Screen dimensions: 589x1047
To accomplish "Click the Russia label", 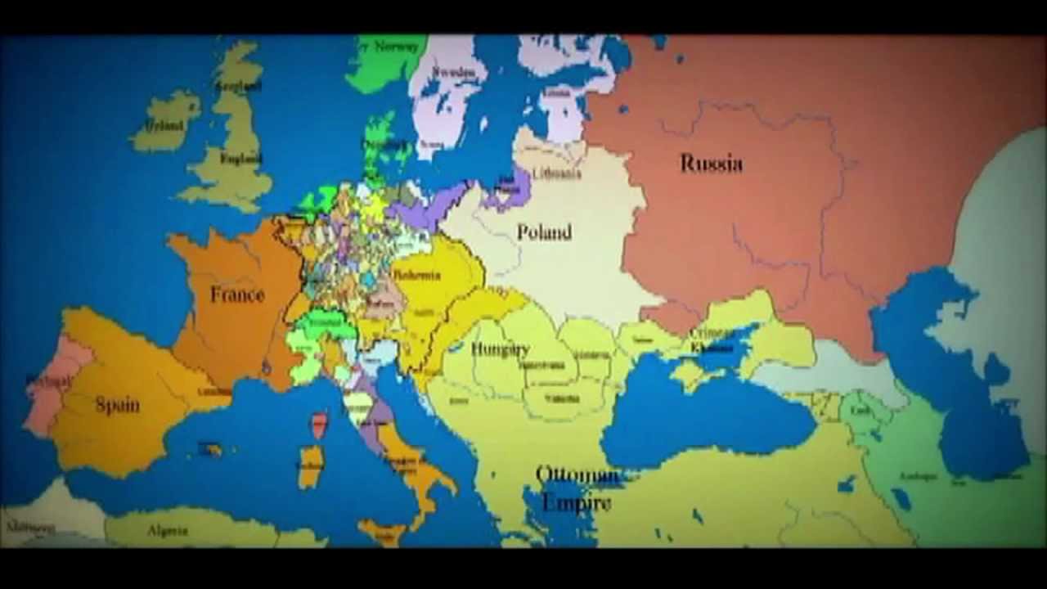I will [711, 164].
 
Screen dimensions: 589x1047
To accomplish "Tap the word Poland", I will [544, 233].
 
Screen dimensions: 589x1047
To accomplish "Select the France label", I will [237, 294].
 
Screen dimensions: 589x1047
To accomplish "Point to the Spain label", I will [117, 404].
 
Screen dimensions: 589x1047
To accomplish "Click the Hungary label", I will [500, 349].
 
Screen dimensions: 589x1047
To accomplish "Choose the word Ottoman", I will [577, 475].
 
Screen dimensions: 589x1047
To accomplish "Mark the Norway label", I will [396, 47].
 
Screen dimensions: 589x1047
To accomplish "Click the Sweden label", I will [453, 73].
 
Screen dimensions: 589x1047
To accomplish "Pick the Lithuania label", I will [556, 173].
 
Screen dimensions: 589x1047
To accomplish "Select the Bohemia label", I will [417, 276].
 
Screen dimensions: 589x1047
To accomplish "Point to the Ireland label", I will [164, 126].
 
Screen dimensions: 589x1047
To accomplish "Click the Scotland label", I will [238, 85].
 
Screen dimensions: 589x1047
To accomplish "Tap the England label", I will [241, 159].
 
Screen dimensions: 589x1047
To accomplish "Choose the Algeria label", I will [168, 531].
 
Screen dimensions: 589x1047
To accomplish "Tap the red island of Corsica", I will [319, 424].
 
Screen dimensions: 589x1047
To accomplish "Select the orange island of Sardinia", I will [310, 466].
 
